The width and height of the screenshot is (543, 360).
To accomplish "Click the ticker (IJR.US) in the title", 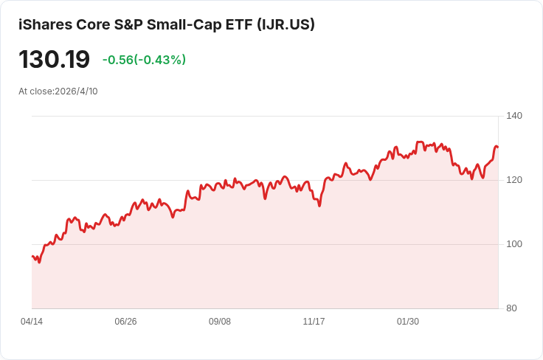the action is point(286,24).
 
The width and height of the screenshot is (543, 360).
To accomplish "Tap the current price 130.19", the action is point(54,60).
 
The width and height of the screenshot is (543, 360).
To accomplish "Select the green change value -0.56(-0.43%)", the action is point(144,60).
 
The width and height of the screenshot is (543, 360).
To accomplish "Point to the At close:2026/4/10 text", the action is point(58,91).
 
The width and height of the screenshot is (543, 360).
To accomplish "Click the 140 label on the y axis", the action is point(514,116).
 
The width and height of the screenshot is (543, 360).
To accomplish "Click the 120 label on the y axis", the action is point(514,180).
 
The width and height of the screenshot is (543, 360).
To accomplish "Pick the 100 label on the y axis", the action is point(514,244).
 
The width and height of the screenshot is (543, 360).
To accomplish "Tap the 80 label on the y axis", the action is point(511,308).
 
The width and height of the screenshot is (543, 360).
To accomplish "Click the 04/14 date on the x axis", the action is point(32,322).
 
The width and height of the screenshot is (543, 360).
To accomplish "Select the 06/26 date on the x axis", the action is point(125,322).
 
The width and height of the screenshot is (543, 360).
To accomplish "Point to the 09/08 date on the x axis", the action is point(220,322).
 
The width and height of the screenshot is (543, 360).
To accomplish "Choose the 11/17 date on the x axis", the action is point(314,322).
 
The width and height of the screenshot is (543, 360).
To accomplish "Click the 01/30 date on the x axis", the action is point(407,322).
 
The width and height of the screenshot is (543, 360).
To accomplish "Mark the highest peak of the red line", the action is point(420,142).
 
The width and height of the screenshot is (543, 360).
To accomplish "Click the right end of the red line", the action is point(498,147).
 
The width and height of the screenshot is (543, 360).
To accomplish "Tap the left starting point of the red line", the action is point(32,256).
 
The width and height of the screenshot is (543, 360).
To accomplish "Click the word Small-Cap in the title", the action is point(184,24).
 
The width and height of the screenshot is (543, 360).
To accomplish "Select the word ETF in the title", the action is point(239,24).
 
